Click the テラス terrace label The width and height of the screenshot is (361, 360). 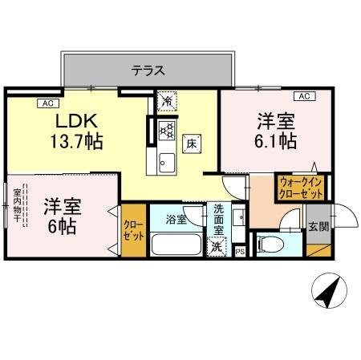tap(148, 71)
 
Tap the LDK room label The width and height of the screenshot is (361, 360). tap(75, 122)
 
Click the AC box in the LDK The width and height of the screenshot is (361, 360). tap(47, 102)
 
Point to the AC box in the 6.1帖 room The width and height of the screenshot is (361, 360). tap(304, 96)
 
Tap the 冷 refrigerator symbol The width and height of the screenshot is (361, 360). tap(167, 102)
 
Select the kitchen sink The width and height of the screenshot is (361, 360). tap(167, 159)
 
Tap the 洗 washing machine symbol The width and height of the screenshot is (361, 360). tap(217, 247)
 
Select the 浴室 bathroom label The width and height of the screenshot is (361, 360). tap(176, 219)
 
